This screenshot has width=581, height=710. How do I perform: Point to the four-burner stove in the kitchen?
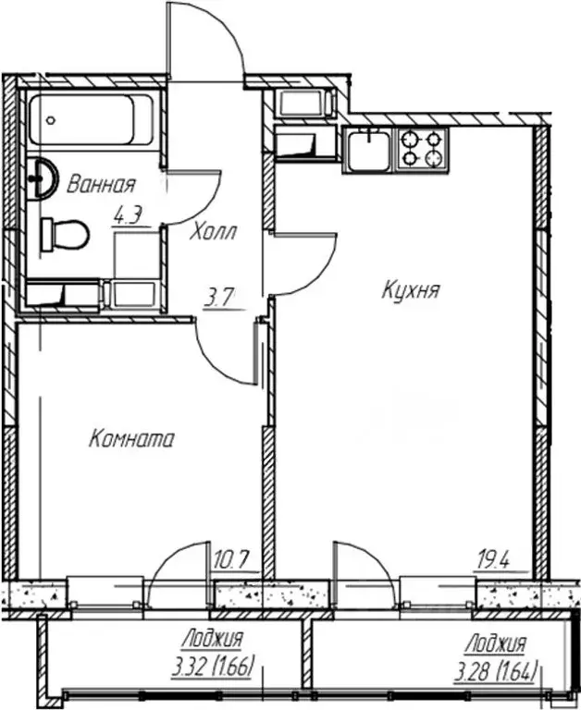(x=423, y=148)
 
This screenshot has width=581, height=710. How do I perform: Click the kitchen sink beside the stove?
(x=369, y=148)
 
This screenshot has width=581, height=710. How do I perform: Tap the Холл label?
(x=213, y=232)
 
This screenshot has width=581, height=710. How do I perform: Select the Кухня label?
(x=410, y=290)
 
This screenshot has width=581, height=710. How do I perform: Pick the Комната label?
(x=130, y=440)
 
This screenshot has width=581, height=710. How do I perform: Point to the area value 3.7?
(x=219, y=298)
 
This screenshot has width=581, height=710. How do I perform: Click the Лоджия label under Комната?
(x=213, y=639)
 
